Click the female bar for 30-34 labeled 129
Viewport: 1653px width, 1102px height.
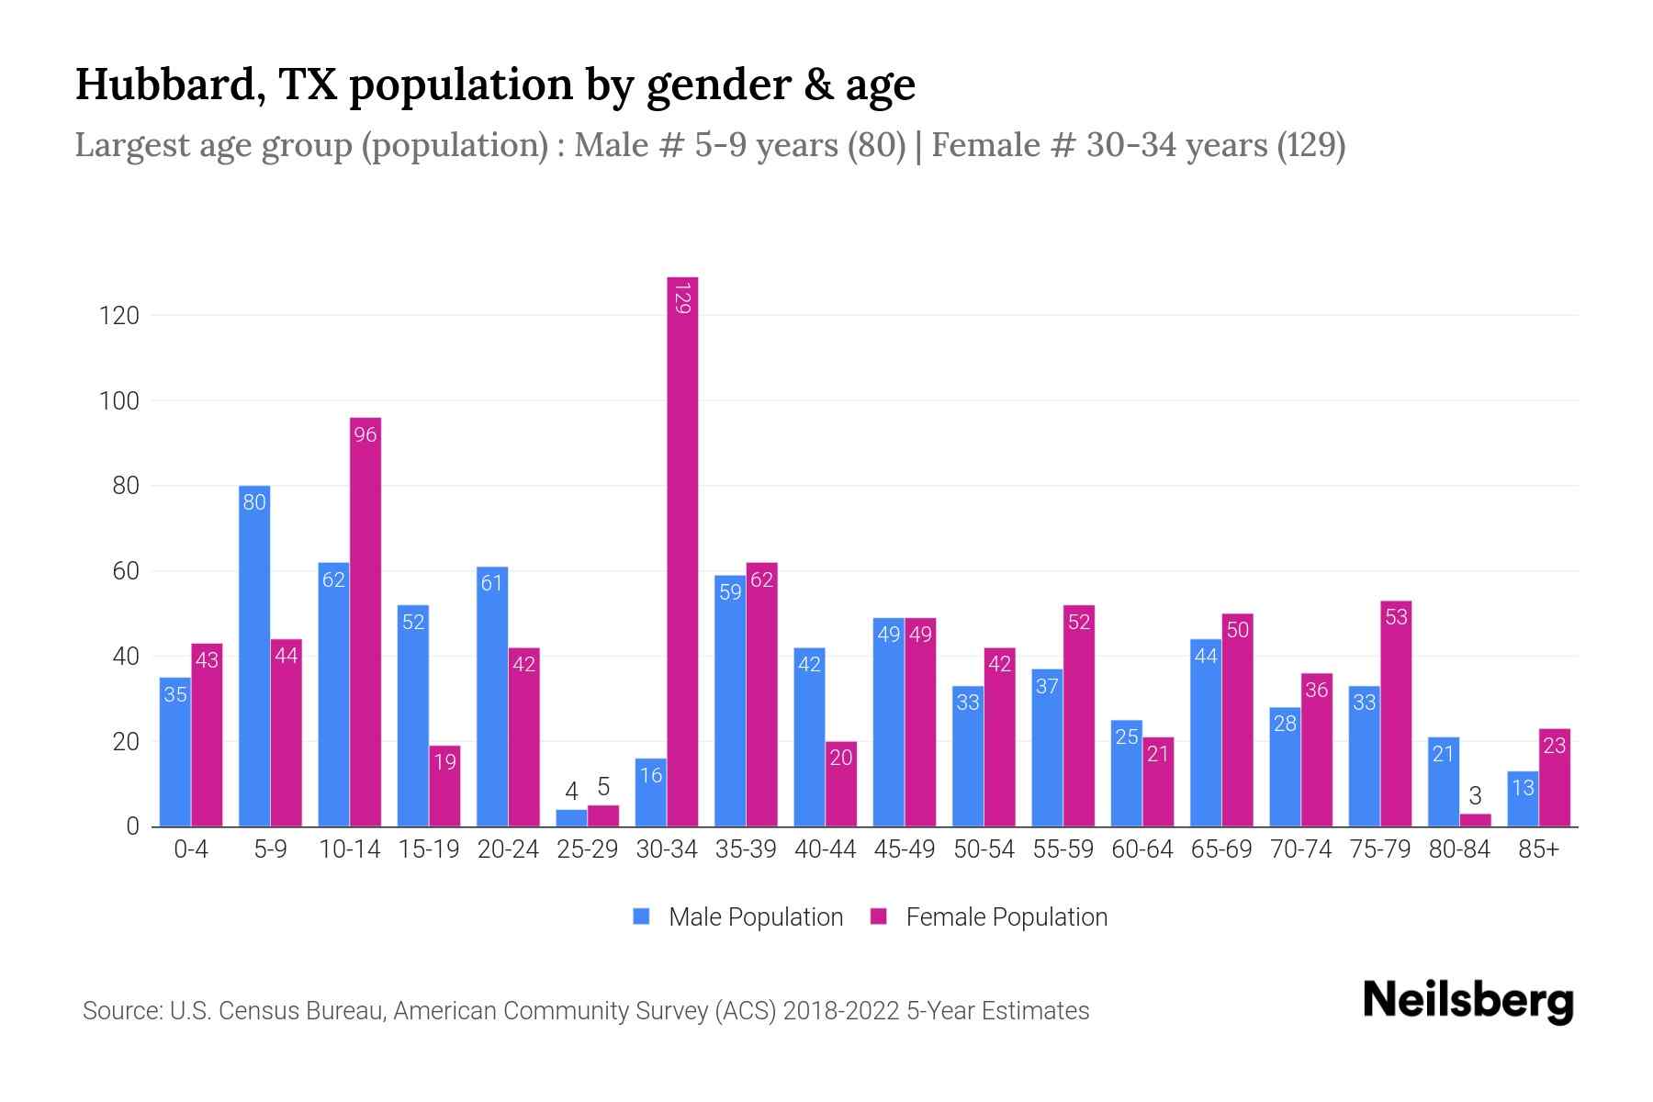(682, 551)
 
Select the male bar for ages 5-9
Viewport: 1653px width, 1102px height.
(254, 657)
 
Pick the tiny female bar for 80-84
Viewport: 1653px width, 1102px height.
(1475, 820)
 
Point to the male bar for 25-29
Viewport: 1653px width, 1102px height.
(571, 818)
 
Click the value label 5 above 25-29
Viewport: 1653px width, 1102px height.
(603, 787)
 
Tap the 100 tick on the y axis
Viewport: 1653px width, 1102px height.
(119, 401)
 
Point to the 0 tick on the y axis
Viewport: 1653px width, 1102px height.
(132, 826)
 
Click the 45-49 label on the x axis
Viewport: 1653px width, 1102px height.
(905, 849)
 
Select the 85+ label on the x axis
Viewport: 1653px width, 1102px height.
(1538, 849)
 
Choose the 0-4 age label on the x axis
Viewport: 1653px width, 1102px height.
(191, 849)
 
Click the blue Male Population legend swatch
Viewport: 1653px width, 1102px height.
(642, 916)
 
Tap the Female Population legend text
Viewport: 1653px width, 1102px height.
(1006, 916)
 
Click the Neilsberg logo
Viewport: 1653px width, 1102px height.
(1467, 1001)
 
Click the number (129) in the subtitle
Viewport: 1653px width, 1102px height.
(1311, 145)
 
